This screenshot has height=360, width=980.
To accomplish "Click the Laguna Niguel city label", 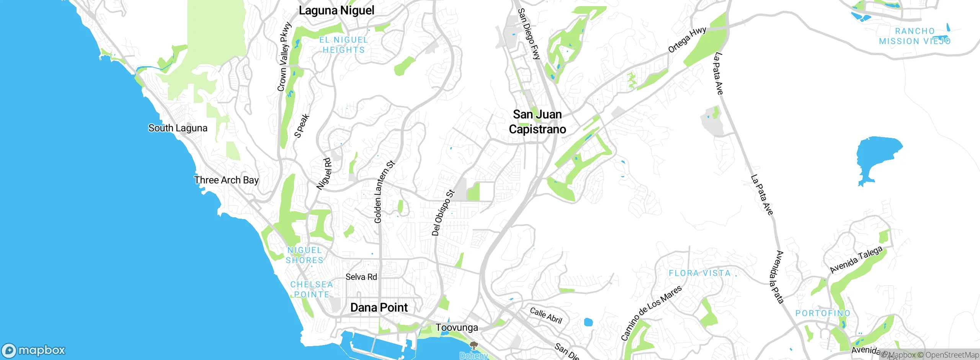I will [336, 10].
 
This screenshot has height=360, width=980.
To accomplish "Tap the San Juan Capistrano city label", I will [537, 122].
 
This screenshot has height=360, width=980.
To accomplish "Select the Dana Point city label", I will [379, 308].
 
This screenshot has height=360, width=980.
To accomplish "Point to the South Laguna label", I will [178, 128].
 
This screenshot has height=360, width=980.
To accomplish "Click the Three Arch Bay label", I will [226, 180].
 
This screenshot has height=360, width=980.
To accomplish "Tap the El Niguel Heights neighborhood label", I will [343, 45].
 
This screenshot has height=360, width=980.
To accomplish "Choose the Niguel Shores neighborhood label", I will [305, 255].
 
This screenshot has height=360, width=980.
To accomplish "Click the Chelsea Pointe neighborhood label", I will [311, 290].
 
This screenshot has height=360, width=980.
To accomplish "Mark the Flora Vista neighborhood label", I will [699, 273].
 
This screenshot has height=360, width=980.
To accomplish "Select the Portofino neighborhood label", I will [823, 313].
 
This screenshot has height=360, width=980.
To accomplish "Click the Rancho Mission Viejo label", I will [915, 36].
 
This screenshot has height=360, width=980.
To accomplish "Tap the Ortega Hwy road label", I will [687, 40].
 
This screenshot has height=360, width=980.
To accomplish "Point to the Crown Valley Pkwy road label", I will [284, 57].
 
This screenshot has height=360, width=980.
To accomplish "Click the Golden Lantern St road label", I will [384, 192].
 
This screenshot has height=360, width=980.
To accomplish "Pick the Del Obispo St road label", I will [443, 213].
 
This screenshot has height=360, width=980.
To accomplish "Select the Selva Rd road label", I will [361, 277].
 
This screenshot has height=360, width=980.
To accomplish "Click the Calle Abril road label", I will [546, 316].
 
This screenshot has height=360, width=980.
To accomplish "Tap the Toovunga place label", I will [457, 328].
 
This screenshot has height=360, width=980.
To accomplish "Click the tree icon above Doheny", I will [474, 345].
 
